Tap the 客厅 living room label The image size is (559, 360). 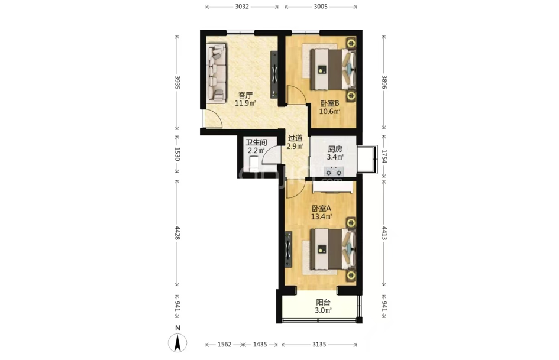coord(245,96)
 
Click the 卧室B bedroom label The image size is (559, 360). coord(329,103)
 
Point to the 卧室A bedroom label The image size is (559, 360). coord(322,209)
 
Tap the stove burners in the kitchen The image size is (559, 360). coord(334,172)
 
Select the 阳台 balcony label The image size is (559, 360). coord(323,303)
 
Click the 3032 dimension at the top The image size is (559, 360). coord(242,7)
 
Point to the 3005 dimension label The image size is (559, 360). coord(321,7)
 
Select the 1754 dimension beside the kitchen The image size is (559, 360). coord(383,156)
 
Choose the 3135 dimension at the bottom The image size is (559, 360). coord(319,344)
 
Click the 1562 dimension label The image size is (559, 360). coord(225,344)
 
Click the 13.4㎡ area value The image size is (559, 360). coord(322,216)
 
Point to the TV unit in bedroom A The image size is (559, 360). coord(288,249)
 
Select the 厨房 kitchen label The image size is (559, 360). coord(335,150)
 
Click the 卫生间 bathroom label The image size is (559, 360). coord(256,142)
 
